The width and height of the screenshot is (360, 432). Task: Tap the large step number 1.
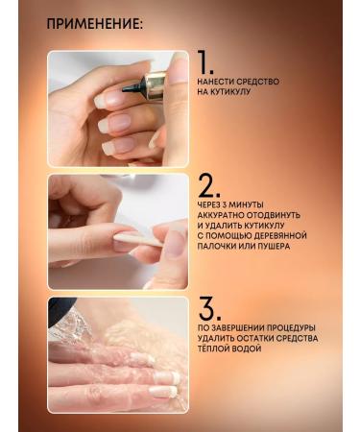[x=204, y=62]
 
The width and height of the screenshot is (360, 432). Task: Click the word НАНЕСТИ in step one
[x=215, y=82]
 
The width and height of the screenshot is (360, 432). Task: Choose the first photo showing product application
[x=118, y=108]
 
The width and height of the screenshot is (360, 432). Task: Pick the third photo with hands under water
[x=118, y=354]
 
